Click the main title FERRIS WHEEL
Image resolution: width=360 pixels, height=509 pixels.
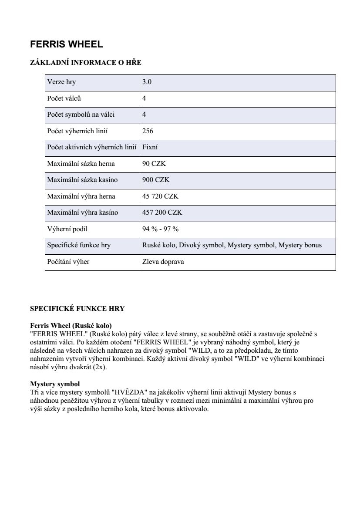coord(66,44)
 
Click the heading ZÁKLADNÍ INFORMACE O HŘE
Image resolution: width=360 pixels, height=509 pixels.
coord(85,63)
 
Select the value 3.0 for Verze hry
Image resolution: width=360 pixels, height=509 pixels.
coord(147,82)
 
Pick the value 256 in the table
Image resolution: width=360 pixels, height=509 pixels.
coord(148,131)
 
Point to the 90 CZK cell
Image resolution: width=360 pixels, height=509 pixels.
coord(154,164)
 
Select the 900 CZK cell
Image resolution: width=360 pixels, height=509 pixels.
coord(156,180)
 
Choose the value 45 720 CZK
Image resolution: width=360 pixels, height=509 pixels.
coord(160,196)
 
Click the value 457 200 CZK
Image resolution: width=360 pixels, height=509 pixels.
coord(162,212)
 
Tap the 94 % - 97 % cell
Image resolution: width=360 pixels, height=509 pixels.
coord(160,229)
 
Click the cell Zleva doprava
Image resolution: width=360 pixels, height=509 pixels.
coord(163,262)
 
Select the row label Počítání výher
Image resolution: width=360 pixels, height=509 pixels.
coord(68,262)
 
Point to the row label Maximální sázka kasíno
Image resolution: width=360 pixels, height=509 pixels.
coord(82,180)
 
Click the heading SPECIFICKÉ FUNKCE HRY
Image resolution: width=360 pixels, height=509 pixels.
coord(77,309)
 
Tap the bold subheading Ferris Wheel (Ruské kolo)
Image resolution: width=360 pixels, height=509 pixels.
coord(71,325)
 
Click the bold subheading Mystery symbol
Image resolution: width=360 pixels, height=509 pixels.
coord(55,384)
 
